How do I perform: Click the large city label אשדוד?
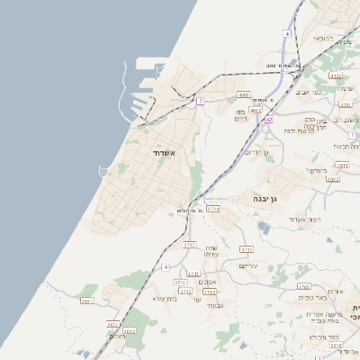point(163,154)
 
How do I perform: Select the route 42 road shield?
point(268,119)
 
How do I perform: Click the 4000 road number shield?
point(244,94)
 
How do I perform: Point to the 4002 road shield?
point(256,110)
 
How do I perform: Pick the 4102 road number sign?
point(336,76)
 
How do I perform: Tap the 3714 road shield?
point(212,209)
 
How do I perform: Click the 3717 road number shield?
point(189,244)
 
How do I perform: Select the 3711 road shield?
point(185,292)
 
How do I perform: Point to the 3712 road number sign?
point(210,292)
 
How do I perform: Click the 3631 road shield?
point(87,301)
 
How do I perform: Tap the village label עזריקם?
point(249,265)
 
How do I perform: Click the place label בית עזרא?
point(164,298)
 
